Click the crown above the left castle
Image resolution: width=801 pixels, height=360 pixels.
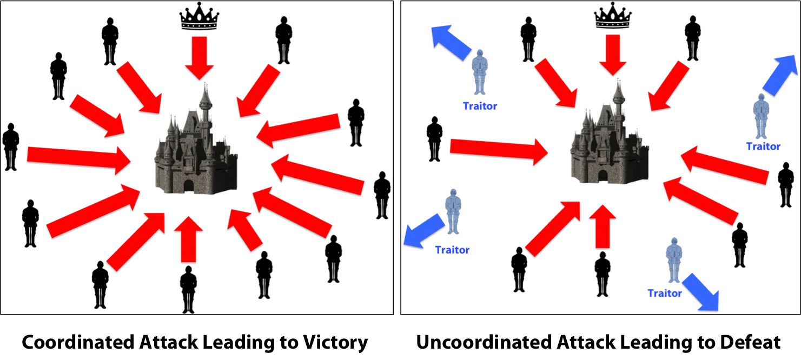click(199, 22)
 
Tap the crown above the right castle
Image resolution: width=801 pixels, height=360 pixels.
click(613, 22)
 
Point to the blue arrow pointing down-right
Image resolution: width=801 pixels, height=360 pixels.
click(701, 292)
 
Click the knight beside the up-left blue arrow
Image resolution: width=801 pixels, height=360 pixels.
click(479, 74)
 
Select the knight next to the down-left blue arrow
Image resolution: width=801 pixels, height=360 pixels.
click(453, 212)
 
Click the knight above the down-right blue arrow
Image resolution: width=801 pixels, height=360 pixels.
click(673, 260)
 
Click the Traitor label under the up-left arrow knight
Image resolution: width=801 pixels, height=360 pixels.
click(479, 106)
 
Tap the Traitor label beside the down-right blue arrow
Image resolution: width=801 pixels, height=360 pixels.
click(665, 294)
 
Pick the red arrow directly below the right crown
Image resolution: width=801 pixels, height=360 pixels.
click(613, 54)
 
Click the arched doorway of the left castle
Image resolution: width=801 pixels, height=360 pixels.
click(188, 186)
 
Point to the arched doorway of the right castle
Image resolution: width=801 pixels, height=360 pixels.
click(602, 177)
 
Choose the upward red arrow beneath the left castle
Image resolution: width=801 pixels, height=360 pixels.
click(188, 239)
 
